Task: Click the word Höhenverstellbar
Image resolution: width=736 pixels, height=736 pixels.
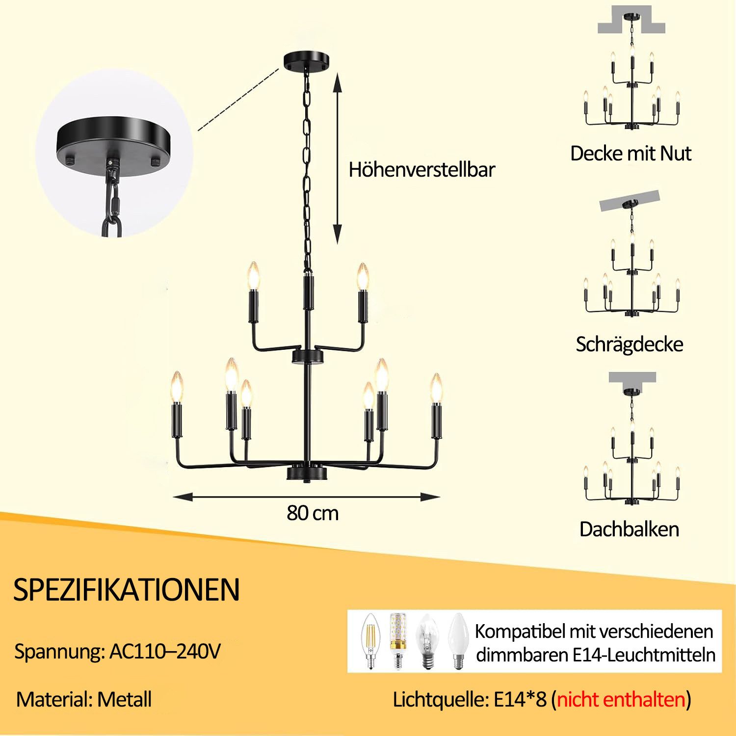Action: click(422, 170)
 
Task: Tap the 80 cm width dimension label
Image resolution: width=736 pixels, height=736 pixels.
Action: click(313, 513)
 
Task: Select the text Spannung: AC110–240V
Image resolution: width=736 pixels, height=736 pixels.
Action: click(118, 652)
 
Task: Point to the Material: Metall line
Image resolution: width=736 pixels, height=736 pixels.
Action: click(84, 699)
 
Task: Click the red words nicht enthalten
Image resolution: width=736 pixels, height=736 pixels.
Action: click(621, 699)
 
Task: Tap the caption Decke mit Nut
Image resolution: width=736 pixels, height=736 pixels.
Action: click(631, 154)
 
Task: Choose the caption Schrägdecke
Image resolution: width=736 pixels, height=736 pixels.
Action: click(630, 344)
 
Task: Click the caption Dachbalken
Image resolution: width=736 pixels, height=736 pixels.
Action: click(630, 529)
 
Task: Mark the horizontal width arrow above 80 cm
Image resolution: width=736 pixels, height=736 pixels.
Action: click(307, 497)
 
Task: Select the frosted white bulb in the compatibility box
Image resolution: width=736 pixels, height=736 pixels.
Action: click(457, 641)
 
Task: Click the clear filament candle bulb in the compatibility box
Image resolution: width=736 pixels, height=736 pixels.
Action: click(369, 641)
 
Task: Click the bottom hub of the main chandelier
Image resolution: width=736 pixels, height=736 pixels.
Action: click(307, 473)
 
